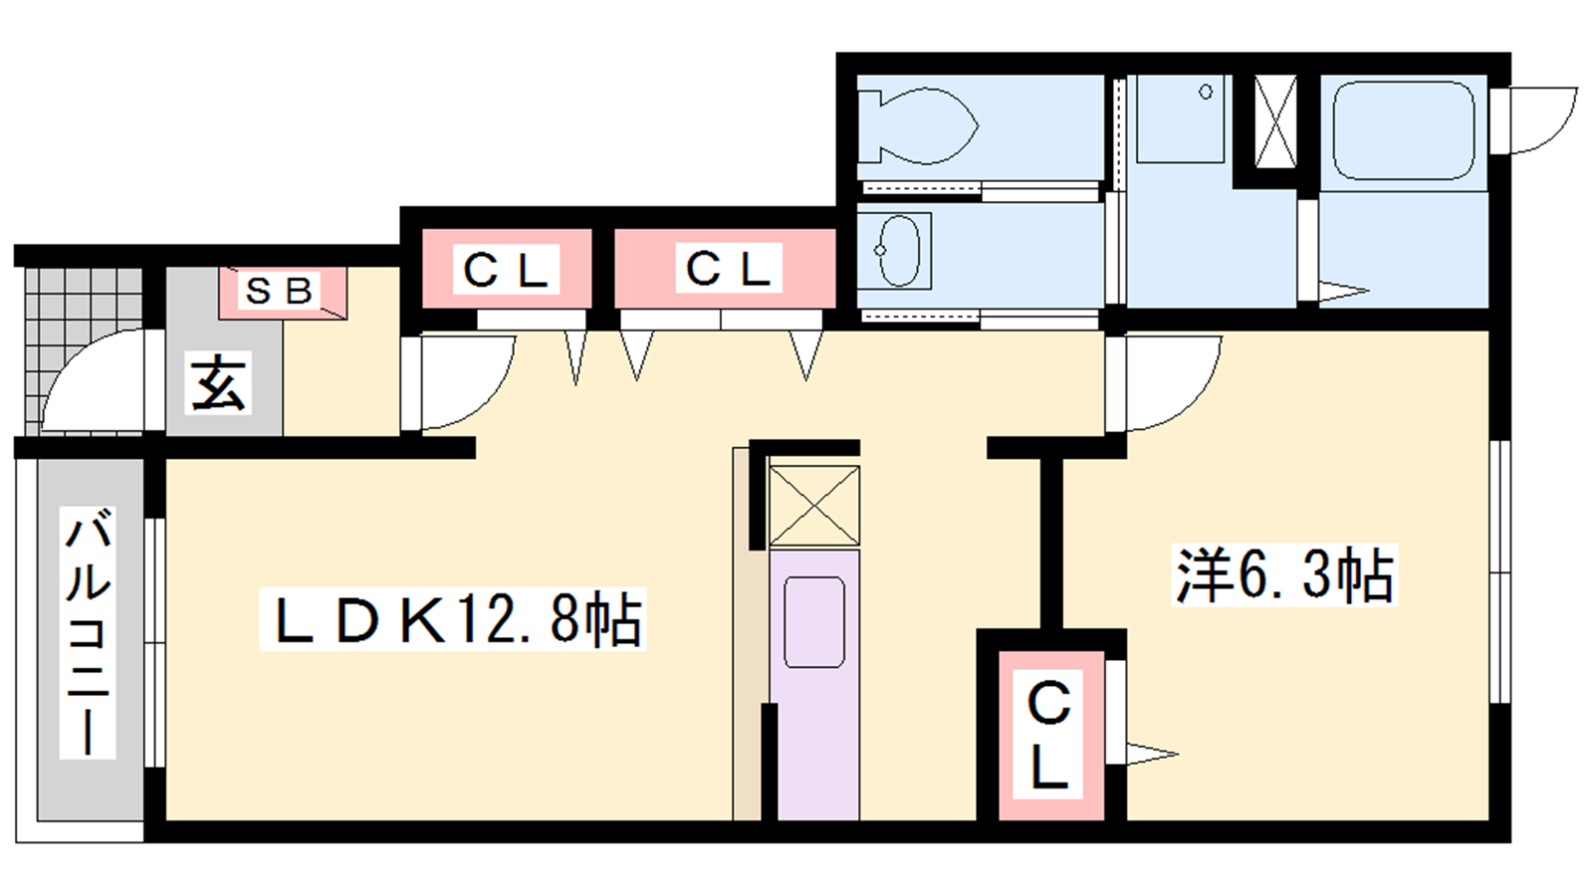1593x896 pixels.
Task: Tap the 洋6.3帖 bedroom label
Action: click(1284, 574)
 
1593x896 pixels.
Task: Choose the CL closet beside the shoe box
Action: click(506, 270)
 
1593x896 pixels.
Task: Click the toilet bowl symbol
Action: click(917, 126)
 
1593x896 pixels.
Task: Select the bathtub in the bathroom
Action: click(1403, 130)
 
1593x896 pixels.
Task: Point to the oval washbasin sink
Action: click(899, 250)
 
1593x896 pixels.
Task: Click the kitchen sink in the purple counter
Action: click(814, 622)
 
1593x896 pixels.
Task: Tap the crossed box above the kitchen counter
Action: click(815, 506)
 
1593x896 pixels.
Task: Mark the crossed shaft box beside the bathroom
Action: click(1275, 121)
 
